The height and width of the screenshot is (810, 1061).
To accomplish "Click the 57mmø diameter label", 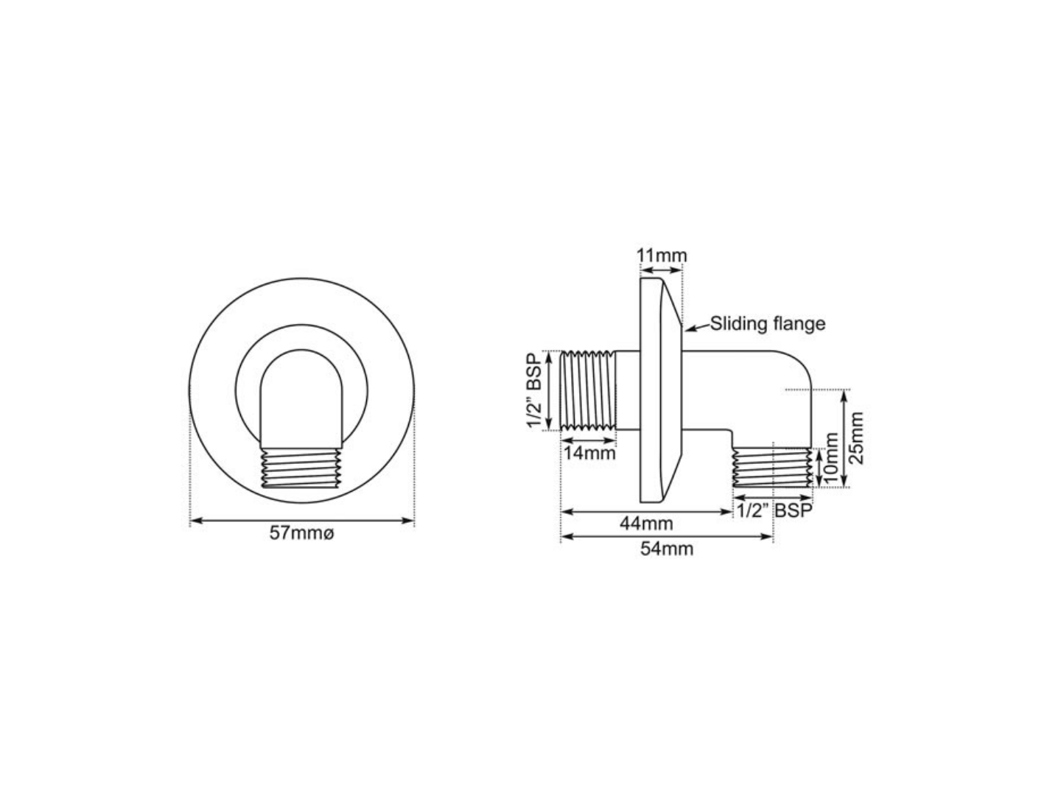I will (x=301, y=534).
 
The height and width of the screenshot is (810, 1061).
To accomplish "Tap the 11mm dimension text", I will (x=661, y=256).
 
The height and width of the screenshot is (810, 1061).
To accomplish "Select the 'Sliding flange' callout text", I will (x=767, y=323).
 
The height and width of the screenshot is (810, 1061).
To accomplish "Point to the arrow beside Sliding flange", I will (x=696, y=326).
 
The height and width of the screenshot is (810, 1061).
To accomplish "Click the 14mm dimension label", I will (x=589, y=453).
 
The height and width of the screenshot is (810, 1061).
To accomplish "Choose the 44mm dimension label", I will (x=646, y=524).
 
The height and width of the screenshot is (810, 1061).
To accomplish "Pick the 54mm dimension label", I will (x=666, y=549).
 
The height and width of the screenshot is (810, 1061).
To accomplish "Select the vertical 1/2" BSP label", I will (x=535, y=391).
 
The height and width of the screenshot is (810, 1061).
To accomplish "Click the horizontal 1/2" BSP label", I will (x=772, y=511).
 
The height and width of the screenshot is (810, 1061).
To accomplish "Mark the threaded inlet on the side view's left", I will (x=588, y=391).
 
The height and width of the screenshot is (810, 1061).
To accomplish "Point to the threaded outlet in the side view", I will (x=771, y=468).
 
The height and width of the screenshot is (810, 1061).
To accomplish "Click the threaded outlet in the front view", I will (x=302, y=468).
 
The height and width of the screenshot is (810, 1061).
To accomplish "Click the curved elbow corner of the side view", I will (x=796, y=368).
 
